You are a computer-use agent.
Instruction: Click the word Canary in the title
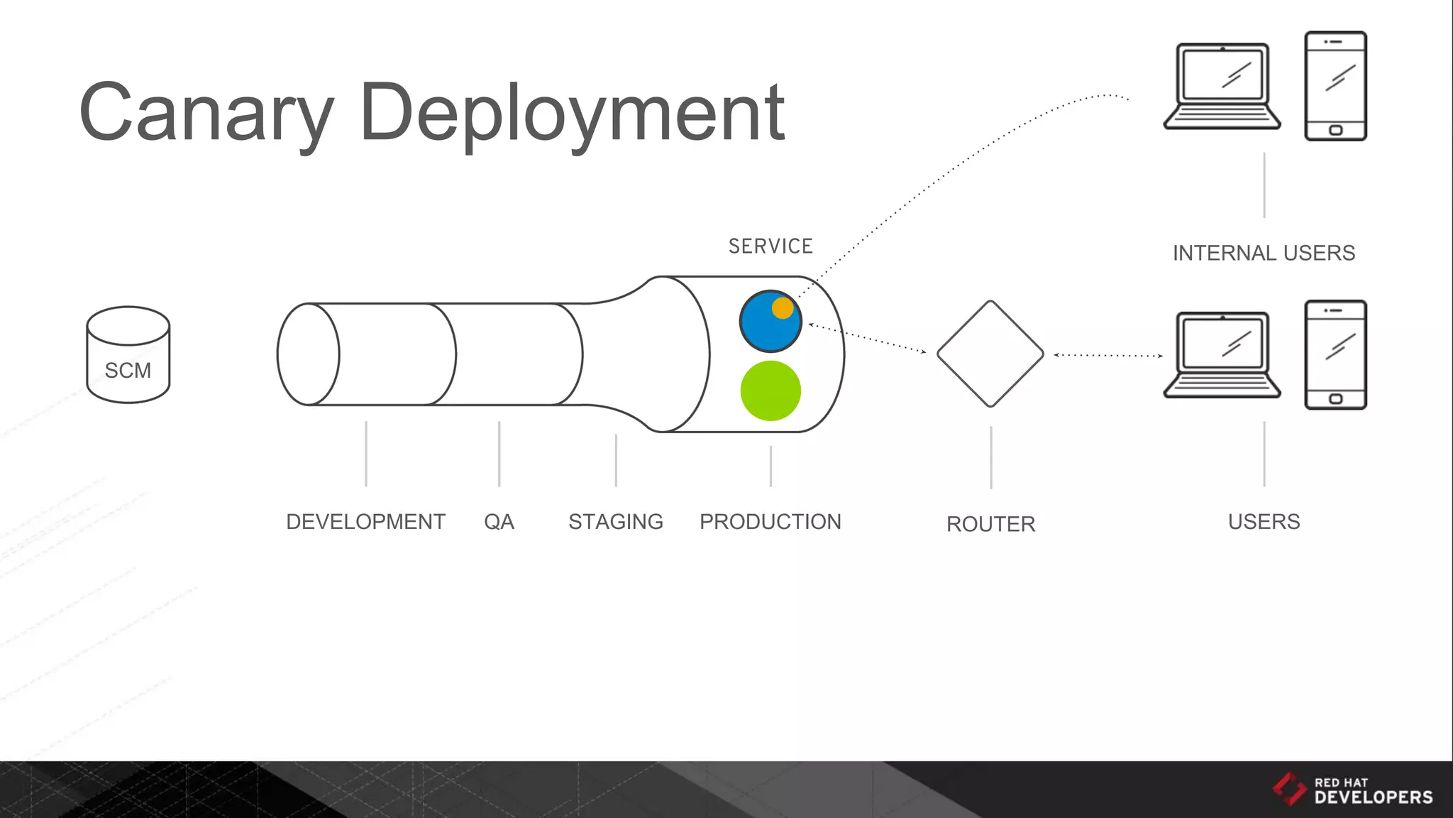(x=206, y=114)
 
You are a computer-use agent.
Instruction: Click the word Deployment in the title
(x=572, y=114)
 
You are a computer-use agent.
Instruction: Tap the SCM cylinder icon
(x=128, y=355)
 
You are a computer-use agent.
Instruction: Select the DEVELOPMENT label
(x=365, y=522)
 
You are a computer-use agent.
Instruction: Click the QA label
(x=499, y=522)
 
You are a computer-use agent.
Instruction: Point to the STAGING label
(x=616, y=522)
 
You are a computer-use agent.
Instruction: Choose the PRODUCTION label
(x=770, y=522)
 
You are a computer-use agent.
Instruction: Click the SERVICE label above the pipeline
(x=770, y=246)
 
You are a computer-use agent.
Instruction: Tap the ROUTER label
(x=990, y=524)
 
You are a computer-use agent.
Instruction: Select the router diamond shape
(x=990, y=354)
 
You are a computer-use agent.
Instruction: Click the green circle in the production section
(x=770, y=391)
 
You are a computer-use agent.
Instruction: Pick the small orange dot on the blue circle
(x=783, y=308)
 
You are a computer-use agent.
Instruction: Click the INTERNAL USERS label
(x=1264, y=253)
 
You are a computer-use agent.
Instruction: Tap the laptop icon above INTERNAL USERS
(x=1222, y=86)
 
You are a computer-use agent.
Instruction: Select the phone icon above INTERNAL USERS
(x=1335, y=86)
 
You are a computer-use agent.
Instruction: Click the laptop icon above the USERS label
(x=1222, y=354)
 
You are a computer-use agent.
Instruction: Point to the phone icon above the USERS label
(x=1335, y=354)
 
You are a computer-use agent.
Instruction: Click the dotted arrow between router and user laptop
(x=1108, y=355)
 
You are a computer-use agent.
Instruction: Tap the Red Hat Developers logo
(x=1352, y=790)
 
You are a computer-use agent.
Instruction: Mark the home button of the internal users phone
(x=1335, y=130)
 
